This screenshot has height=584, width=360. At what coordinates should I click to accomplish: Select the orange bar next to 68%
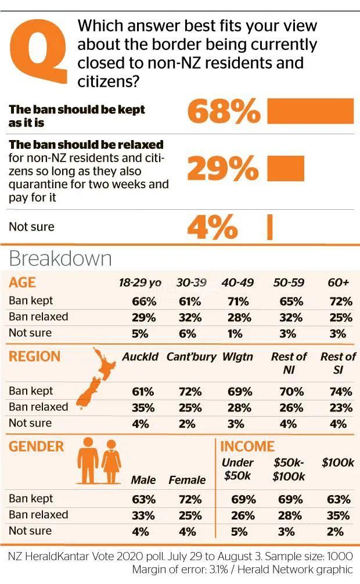point(310,111)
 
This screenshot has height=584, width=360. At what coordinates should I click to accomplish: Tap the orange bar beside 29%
point(285,169)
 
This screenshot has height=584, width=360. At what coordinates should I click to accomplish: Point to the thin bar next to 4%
point(269,227)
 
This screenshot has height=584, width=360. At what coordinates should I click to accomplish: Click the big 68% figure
point(224,111)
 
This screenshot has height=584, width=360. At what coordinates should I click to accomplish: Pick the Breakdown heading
point(60,259)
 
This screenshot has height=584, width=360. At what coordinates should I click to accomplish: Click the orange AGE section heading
point(23,283)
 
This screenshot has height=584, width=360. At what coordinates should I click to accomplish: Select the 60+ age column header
point(339,283)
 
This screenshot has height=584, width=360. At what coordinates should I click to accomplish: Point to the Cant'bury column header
point(191,357)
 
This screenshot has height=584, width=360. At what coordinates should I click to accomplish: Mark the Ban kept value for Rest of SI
point(340,392)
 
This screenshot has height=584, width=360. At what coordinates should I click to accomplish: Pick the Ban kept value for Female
point(187,500)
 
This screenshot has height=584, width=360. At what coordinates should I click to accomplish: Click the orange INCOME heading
point(247,446)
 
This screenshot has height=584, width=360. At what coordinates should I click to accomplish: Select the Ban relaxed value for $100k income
point(339,516)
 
